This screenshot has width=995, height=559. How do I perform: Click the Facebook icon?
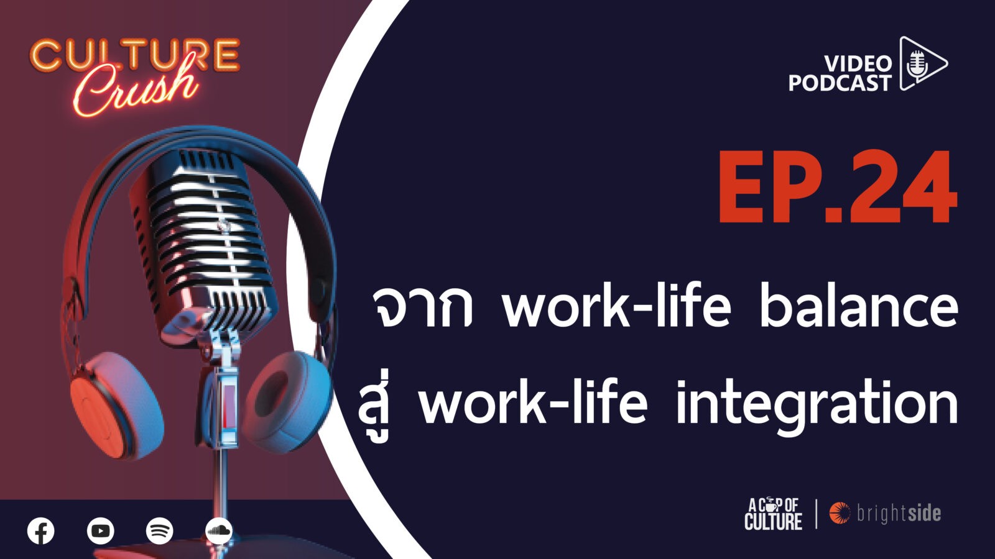click(x=41, y=531)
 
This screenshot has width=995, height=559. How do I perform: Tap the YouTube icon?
click(x=100, y=531)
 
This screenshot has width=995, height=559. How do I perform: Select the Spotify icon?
click(x=159, y=531)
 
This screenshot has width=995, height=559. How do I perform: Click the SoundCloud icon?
click(x=219, y=531)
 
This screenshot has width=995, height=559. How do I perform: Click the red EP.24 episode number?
click(x=838, y=188)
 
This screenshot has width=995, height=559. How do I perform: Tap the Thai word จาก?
click(x=422, y=309)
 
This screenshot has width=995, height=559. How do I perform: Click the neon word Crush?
click(x=136, y=86)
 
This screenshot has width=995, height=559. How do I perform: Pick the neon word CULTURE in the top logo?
click(x=134, y=55)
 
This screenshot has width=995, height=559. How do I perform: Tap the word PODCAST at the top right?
click(x=840, y=83)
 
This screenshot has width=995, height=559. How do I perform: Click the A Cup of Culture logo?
click(x=774, y=514)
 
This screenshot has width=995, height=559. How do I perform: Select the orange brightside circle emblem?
click(x=840, y=513)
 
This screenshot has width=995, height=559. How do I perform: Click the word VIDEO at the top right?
click(x=858, y=65)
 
